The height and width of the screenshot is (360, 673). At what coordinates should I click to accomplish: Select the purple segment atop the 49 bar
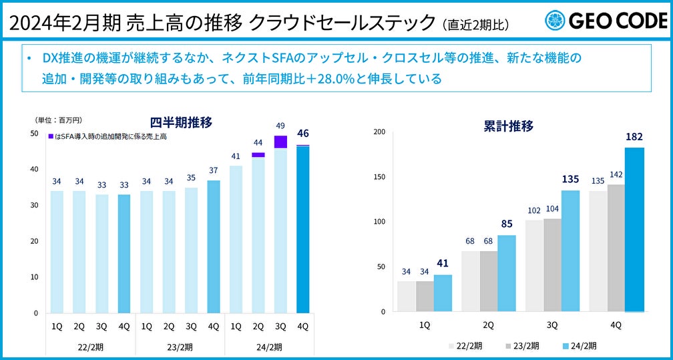click(x=280, y=142)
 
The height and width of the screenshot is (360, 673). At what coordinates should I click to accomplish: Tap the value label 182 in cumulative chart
click(x=634, y=137)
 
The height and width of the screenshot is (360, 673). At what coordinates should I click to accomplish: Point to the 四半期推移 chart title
click(x=180, y=122)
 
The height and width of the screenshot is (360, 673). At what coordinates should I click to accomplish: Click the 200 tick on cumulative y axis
click(x=380, y=132)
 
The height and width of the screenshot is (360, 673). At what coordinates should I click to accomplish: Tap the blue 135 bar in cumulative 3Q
click(x=570, y=250)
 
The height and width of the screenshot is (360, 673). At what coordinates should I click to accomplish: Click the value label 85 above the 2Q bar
click(x=507, y=224)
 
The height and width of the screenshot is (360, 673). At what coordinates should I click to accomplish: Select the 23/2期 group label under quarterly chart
click(x=180, y=347)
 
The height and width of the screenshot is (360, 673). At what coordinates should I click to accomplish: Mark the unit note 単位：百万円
click(x=58, y=120)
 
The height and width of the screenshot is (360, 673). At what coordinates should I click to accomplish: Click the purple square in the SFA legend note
click(x=51, y=136)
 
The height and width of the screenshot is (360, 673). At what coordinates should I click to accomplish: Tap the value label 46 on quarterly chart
click(x=302, y=133)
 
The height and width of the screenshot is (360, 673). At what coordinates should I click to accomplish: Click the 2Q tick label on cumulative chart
click(x=488, y=325)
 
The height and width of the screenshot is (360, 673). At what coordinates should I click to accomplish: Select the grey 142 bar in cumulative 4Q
click(x=616, y=248)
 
